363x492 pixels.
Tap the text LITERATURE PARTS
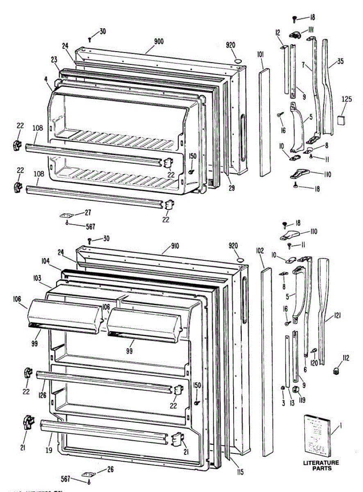click(321, 465)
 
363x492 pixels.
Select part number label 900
click(159, 41)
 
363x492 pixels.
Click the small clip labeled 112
click(337, 371)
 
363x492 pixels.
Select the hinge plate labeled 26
click(88, 474)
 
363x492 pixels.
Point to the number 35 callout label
click(340, 62)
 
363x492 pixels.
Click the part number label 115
click(240, 472)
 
